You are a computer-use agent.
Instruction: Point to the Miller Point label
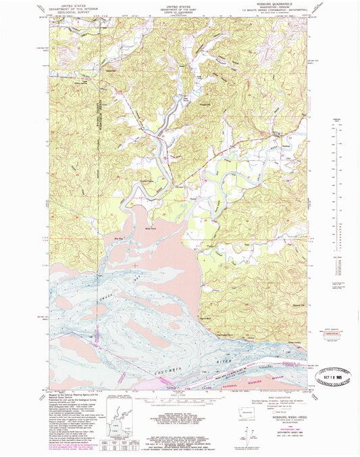pyautogui.click(x=151, y=228)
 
